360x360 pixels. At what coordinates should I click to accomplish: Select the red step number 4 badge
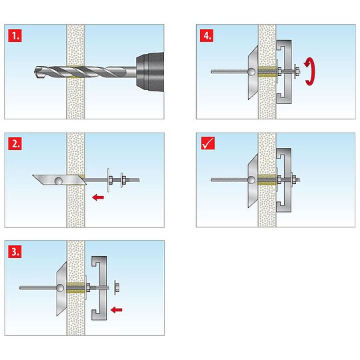coord(206,34)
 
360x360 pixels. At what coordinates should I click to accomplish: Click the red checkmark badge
coord(206,142)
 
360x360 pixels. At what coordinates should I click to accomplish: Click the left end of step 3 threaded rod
coord(21,288)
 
